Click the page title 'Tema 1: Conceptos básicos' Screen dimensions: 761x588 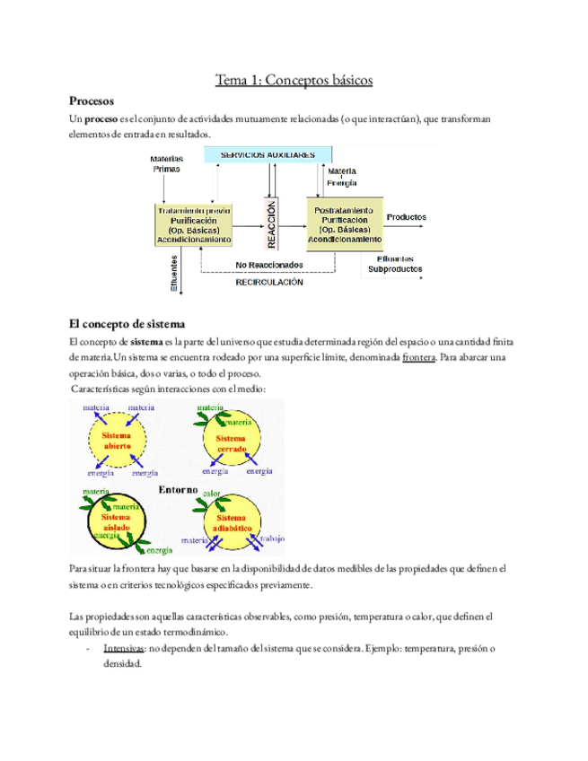click(x=294, y=81)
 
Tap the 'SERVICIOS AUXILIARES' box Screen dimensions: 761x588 click(x=261, y=155)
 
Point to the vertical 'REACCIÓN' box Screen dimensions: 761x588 click(x=270, y=223)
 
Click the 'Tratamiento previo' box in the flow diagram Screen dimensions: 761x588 click(x=194, y=224)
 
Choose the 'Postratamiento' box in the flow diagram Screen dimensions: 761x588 click(x=346, y=224)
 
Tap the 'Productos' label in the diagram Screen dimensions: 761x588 click(x=406, y=217)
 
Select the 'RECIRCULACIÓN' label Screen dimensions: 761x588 click(x=269, y=282)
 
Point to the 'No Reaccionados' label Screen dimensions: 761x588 click(x=268, y=266)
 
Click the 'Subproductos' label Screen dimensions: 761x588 click(x=395, y=268)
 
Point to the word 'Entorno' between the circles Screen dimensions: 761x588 click(x=178, y=490)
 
